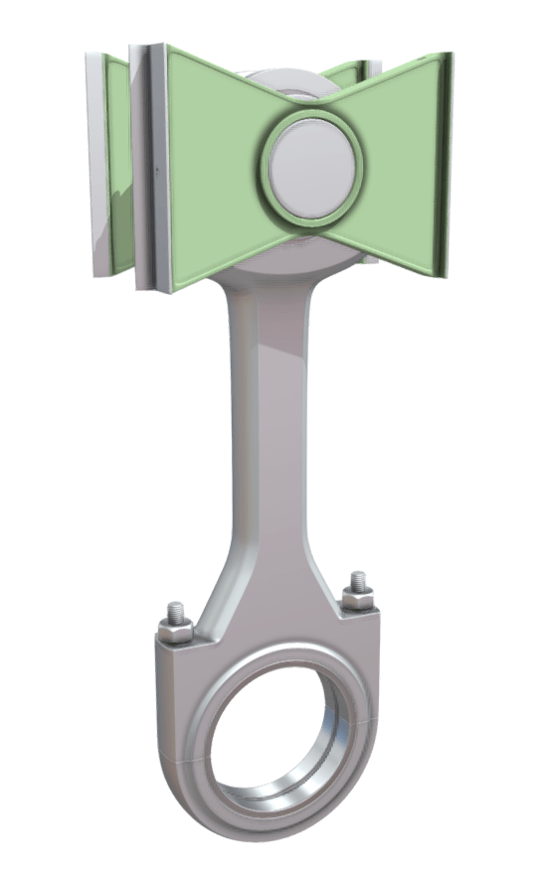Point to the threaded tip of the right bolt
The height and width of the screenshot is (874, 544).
click(355, 580)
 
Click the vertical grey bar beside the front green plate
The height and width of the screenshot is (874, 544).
click(157, 169)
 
